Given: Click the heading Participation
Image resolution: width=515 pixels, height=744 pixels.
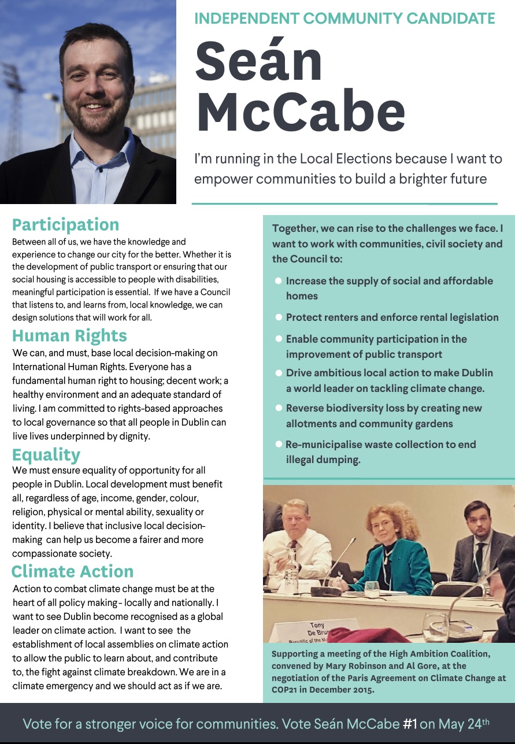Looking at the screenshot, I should coord(65,224).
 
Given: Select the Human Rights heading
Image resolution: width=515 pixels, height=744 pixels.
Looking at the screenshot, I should coord(69,335).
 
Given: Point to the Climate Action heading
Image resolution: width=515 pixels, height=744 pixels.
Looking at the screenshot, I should coord(72,571).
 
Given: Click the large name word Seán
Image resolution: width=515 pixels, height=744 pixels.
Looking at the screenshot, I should coord(258,62).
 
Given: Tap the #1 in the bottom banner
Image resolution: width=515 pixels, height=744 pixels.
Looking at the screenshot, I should coord(409,723).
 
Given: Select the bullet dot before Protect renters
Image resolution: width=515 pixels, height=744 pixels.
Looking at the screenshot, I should coord(279,317).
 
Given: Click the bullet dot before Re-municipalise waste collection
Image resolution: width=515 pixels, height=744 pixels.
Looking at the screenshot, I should coord(279,445).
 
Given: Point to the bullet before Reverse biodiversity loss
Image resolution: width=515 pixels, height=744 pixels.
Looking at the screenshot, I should coord(279,408).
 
